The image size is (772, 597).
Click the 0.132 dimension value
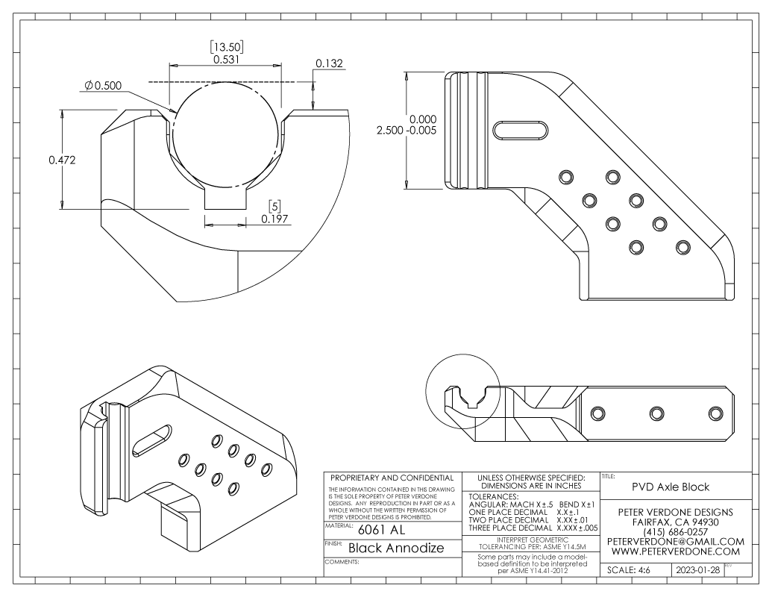(329, 64)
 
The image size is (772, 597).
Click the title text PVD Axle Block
(671, 487)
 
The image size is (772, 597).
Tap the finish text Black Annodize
(396, 548)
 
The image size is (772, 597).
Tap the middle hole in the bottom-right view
(657, 413)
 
